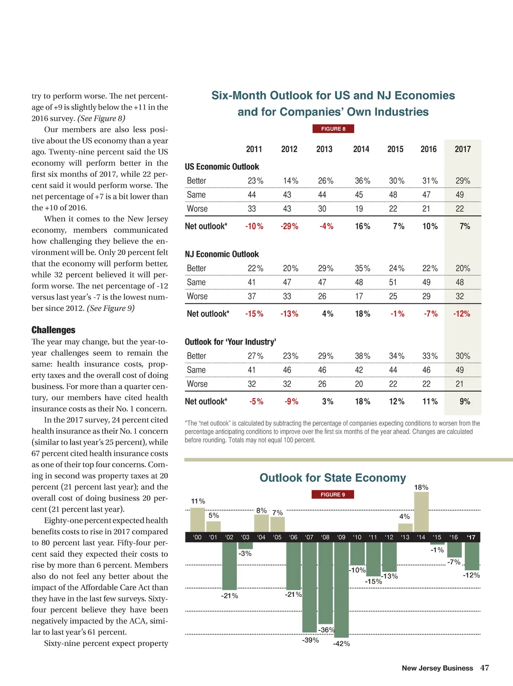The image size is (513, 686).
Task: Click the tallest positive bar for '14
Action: (421, 512)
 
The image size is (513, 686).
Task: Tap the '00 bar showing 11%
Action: (198, 520)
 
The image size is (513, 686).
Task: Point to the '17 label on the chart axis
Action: (471, 537)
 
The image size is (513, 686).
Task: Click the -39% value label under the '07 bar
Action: (311, 640)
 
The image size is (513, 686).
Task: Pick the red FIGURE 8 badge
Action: (333, 129)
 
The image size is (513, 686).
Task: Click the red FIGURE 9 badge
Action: (333, 494)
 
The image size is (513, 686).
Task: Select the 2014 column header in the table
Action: (361, 149)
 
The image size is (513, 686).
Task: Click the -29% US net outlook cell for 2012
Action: (290, 226)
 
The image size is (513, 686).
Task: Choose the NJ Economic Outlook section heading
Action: (222, 254)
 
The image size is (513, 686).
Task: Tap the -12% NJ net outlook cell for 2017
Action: (462, 314)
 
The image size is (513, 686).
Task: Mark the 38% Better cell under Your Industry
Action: (363, 356)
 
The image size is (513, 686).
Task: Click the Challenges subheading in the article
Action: (54, 330)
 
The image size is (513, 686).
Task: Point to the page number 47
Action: (484, 668)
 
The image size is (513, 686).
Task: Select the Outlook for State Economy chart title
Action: (333, 478)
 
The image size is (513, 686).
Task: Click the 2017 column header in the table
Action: (463, 149)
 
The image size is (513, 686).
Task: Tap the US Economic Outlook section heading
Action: (222, 167)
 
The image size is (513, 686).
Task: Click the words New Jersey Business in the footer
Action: (437, 668)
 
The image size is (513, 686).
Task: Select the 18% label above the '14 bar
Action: (421, 487)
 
